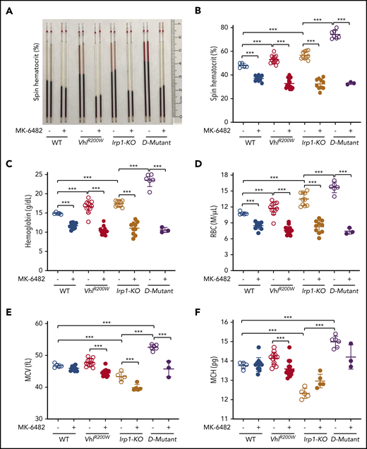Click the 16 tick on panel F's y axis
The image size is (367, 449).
[x=224, y=322]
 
